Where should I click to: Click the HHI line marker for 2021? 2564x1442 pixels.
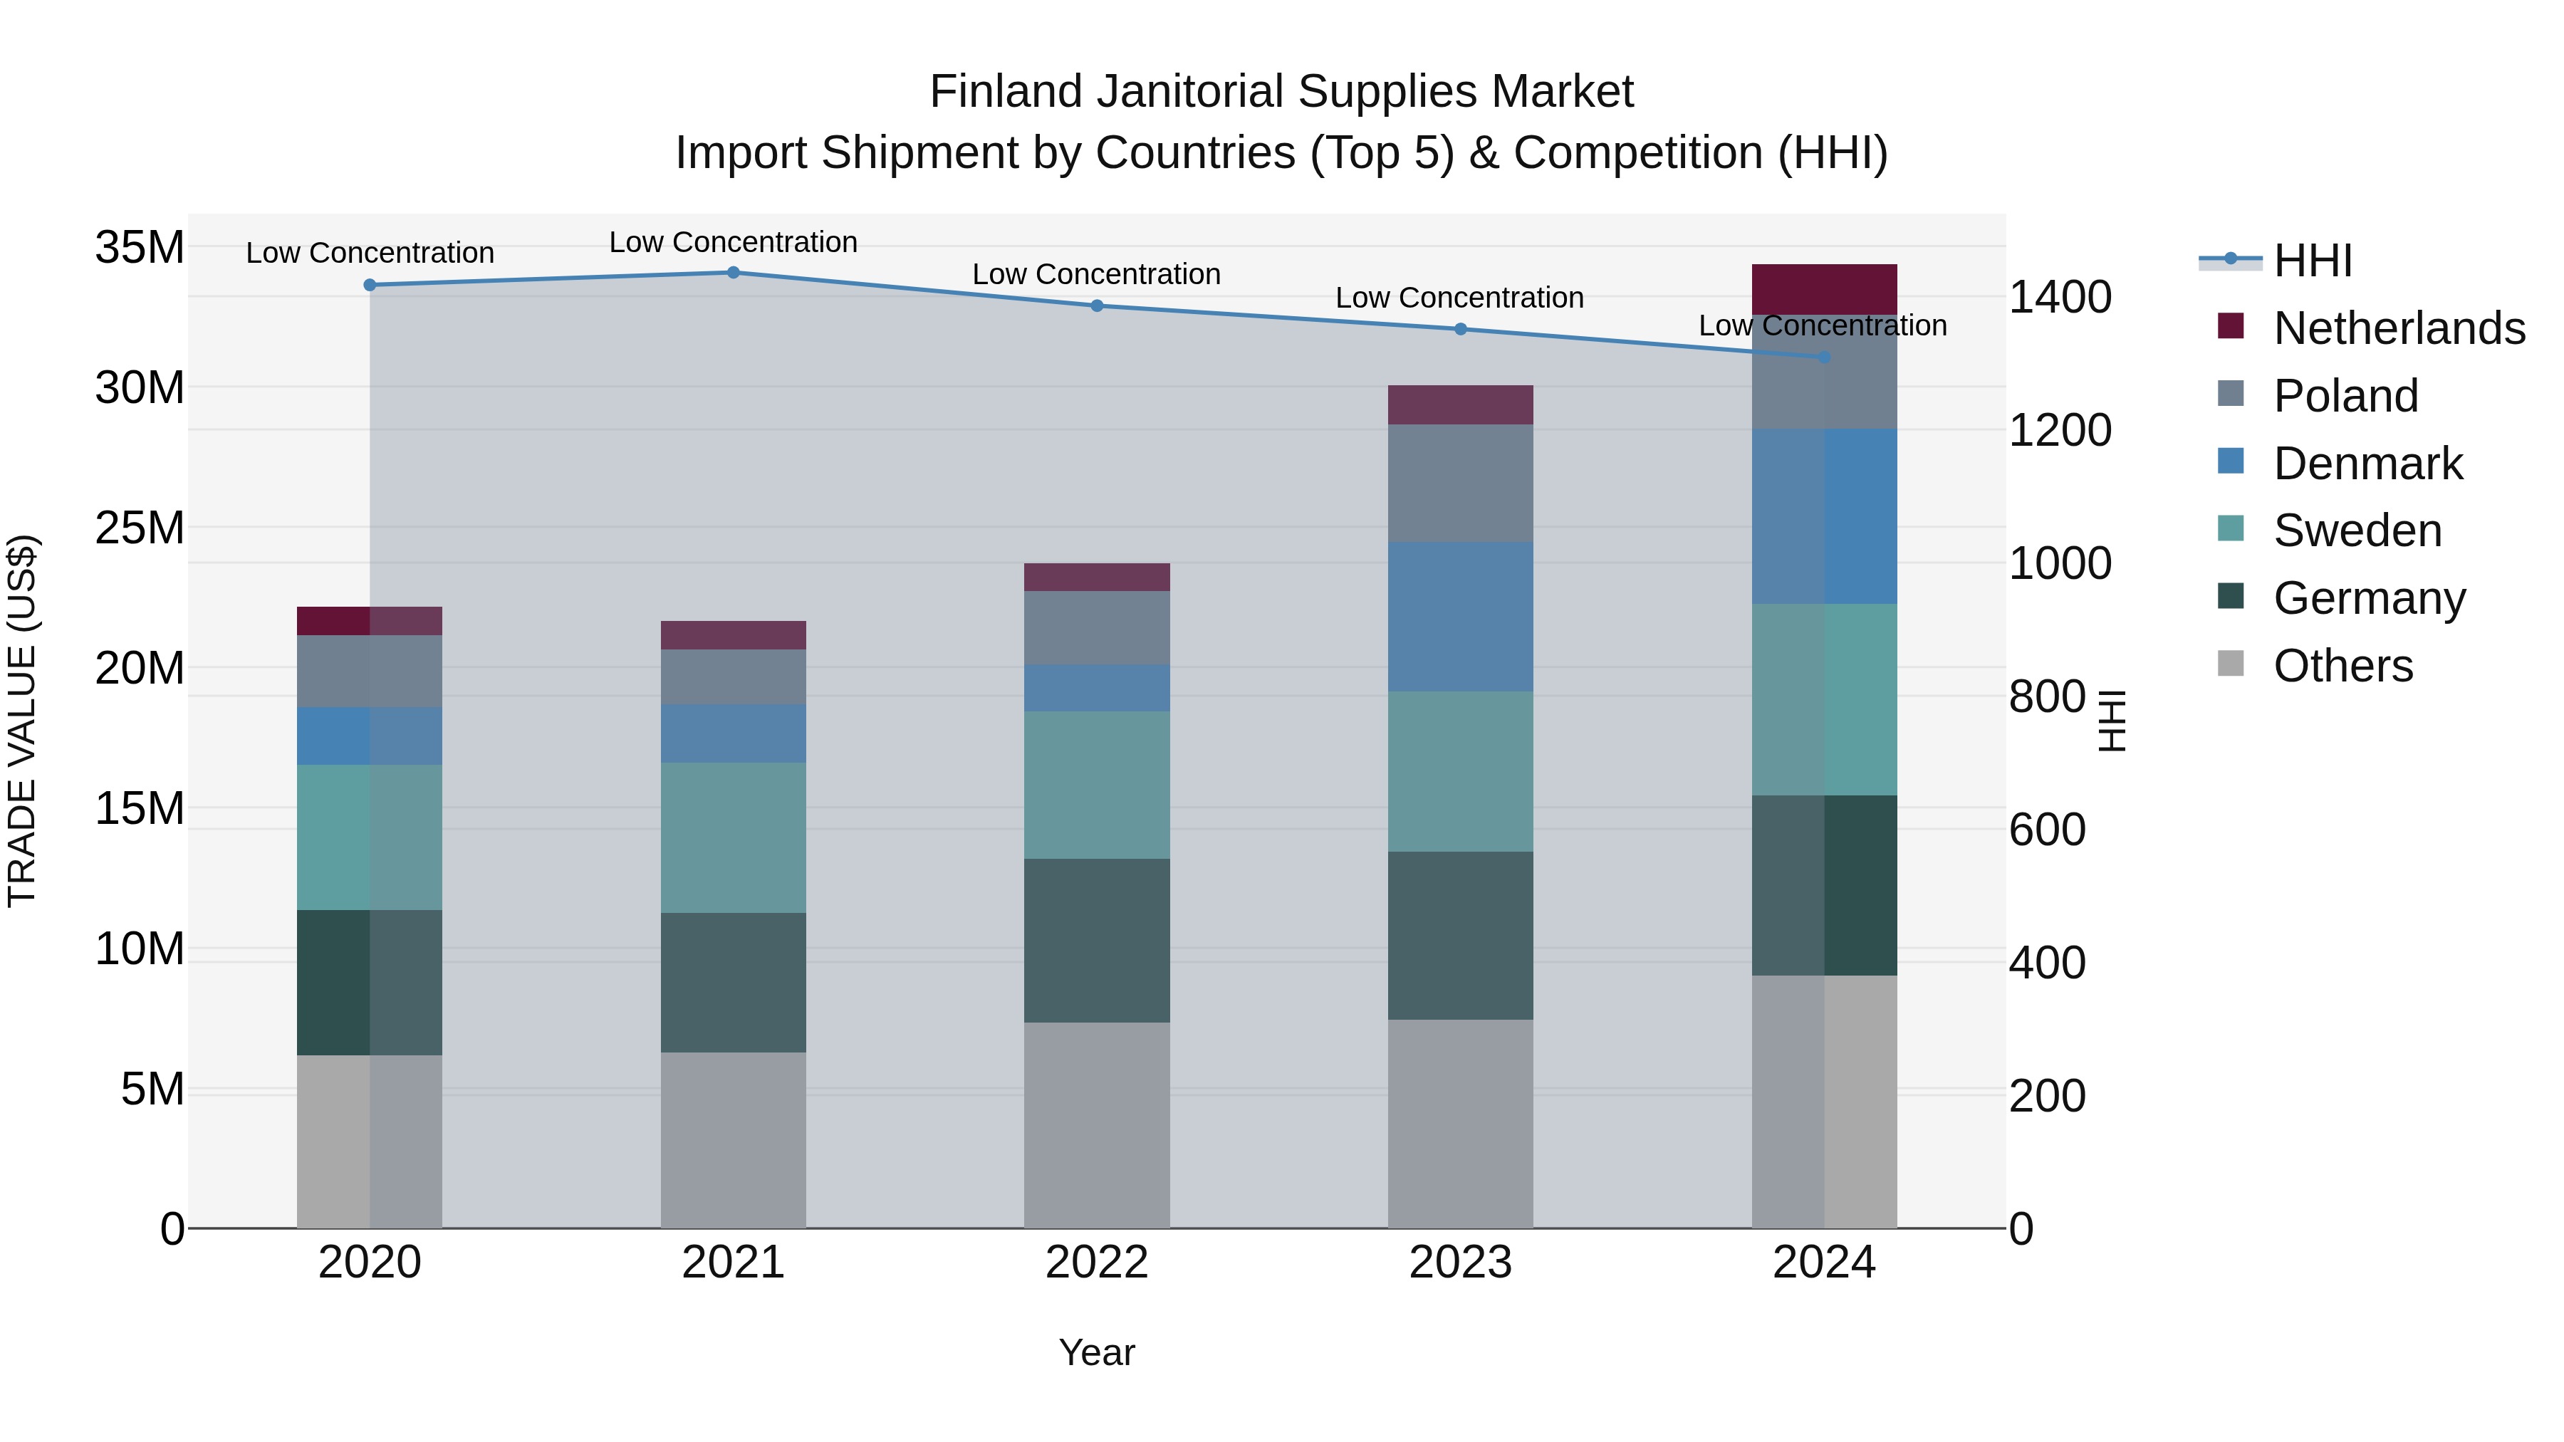coord(733,273)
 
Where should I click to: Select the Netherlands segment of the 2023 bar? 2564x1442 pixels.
coord(1460,405)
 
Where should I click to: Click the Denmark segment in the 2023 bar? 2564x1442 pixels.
coord(1460,617)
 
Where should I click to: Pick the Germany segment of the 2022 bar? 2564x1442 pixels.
coord(1097,941)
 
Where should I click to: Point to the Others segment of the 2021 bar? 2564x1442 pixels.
coord(733,1139)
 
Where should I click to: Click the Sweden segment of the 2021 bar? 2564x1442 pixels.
coord(733,838)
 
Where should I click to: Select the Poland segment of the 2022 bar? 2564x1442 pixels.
coord(1097,628)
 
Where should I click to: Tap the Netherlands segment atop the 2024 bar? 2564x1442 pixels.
coord(1823,290)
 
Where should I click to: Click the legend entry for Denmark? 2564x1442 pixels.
coord(2367,464)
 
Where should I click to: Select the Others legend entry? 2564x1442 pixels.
coord(2342,666)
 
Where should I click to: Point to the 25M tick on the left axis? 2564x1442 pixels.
coord(140,528)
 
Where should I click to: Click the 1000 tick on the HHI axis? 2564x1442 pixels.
coord(2059,563)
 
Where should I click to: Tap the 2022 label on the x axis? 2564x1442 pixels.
coord(1097,1263)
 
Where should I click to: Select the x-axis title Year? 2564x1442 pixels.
coord(1097,1352)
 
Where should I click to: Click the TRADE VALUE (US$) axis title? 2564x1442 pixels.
coord(23,721)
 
